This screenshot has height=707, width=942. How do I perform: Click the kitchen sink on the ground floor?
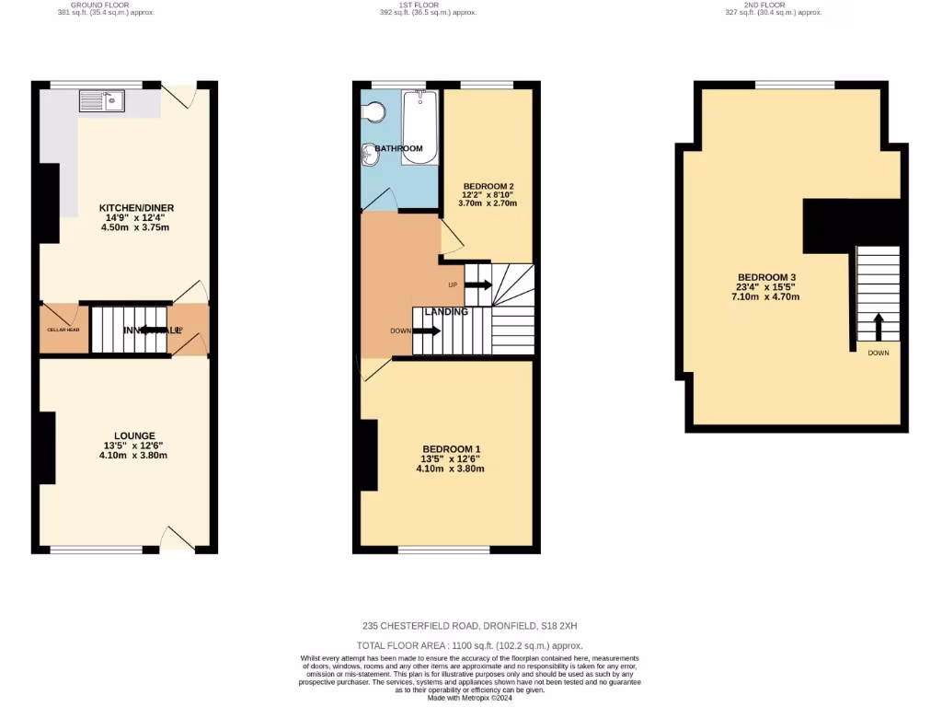[x=101, y=100]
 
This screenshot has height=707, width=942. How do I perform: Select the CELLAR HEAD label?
[x=63, y=330]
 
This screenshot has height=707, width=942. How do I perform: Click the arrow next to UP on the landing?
[x=478, y=284]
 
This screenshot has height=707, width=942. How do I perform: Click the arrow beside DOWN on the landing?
[x=427, y=330]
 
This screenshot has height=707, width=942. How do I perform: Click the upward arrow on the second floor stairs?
[x=878, y=326]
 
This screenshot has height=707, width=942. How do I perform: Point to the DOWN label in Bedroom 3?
[x=878, y=353]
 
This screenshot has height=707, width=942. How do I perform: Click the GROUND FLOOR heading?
[x=99, y=4]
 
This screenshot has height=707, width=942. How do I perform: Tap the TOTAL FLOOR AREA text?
[x=470, y=646]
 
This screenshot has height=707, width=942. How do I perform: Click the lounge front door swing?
[x=177, y=539]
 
